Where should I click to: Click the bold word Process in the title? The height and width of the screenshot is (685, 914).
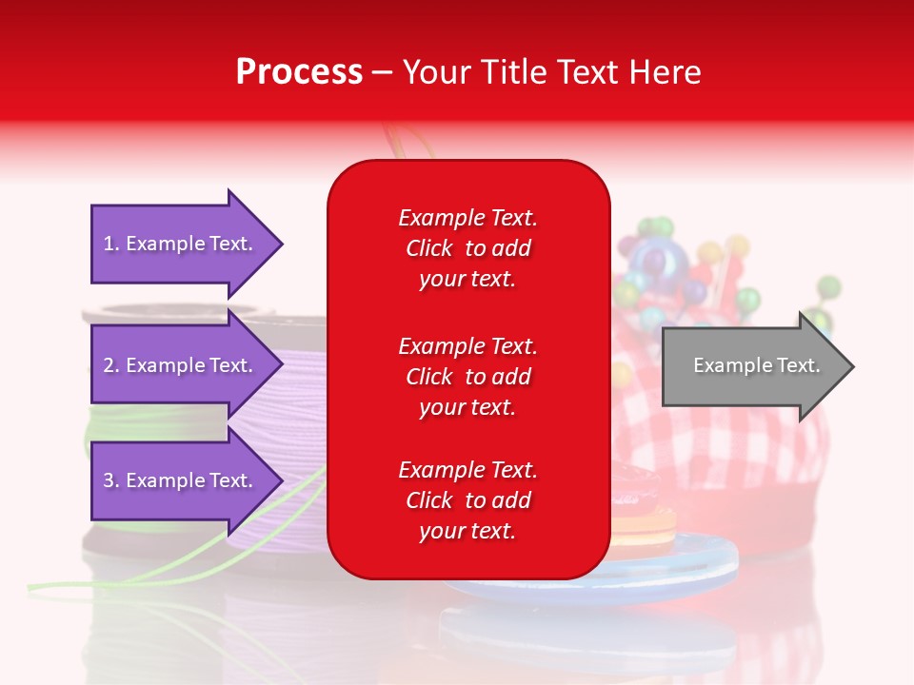click(x=299, y=72)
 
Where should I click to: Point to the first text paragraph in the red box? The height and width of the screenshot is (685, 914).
click(x=467, y=248)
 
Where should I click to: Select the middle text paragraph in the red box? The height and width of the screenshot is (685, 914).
click(x=467, y=377)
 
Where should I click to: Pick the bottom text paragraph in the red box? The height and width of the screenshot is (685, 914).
click(x=467, y=500)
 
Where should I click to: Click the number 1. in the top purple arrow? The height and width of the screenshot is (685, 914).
click(x=111, y=244)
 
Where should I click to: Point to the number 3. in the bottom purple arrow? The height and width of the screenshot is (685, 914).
click(x=111, y=480)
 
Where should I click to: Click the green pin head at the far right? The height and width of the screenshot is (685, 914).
click(x=829, y=286)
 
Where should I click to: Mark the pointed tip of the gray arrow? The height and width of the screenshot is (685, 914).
click(x=852, y=366)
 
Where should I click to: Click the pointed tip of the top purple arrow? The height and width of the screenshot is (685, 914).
click(x=282, y=244)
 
